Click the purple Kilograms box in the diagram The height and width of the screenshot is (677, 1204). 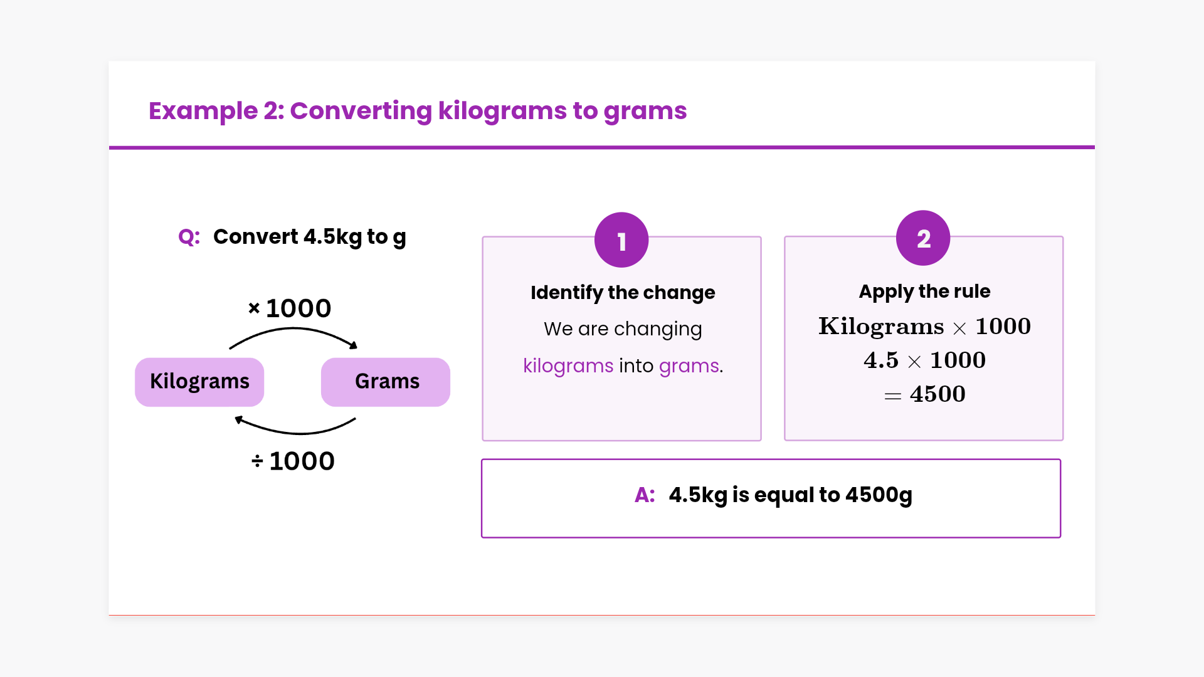(x=199, y=382)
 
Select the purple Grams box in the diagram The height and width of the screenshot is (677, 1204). (x=386, y=382)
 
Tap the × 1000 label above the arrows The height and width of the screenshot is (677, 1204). (x=289, y=308)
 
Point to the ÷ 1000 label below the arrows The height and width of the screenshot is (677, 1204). (x=293, y=461)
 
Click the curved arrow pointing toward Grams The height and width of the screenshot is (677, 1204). (x=293, y=329)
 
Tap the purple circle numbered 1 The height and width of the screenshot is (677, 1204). (x=621, y=240)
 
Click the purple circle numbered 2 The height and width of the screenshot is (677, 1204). (x=923, y=238)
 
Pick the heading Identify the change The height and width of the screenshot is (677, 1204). (x=623, y=293)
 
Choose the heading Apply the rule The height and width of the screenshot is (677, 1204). (x=924, y=291)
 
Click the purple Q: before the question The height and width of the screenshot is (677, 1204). (x=189, y=237)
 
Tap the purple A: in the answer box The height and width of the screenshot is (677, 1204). (x=645, y=495)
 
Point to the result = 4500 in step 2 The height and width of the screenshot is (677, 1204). (x=924, y=394)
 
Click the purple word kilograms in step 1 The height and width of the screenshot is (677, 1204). (x=568, y=365)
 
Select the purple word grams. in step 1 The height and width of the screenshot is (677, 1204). (x=691, y=366)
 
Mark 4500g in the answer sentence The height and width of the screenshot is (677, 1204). (x=879, y=495)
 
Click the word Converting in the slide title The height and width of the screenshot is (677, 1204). (x=361, y=111)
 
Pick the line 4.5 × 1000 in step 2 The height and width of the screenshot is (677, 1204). (x=924, y=360)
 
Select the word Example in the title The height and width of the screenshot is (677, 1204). (x=203, y=111)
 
